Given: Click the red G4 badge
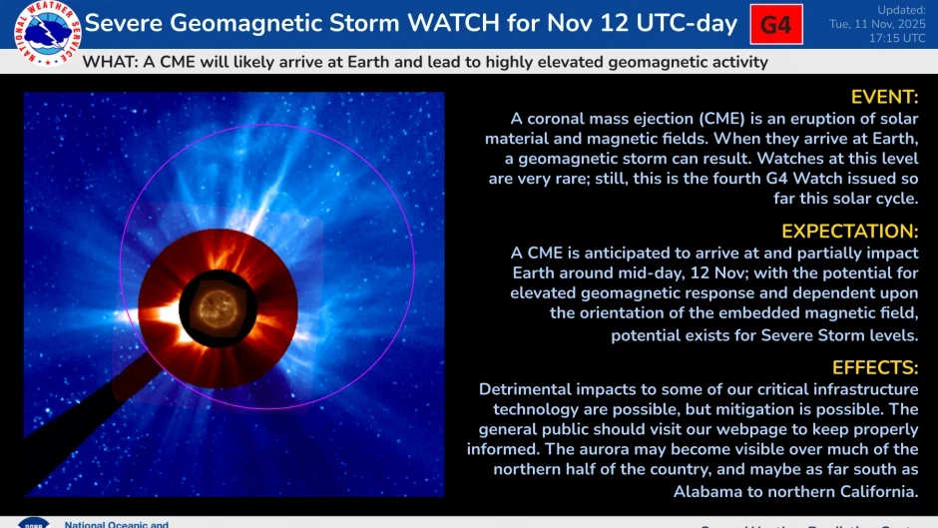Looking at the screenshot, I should (x=775, y=25).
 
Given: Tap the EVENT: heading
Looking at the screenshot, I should (x=883, y=97).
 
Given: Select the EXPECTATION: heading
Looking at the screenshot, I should (x=849, y=232).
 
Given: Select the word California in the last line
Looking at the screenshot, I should (x=875, y=492).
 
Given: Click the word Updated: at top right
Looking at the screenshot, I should (x=901, y=9).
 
